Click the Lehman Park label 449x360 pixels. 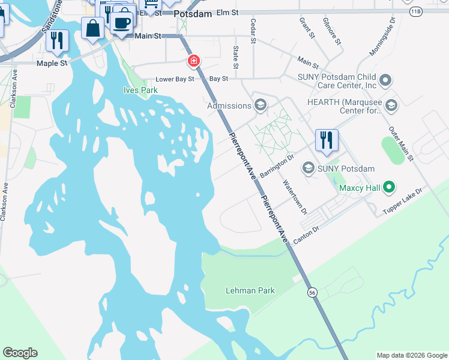coord(250,291)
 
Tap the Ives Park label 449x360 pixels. coord(140,91)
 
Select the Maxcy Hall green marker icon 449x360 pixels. coord(388,188)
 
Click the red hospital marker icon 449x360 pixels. coord(193,61)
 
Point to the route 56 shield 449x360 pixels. coord(312,292)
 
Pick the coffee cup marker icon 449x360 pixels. coord(122,23)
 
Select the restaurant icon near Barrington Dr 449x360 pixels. coord(327,140)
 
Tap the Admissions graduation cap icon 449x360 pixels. coord(260,106)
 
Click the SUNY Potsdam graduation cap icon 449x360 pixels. coord(309,168)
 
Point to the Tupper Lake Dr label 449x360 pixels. coord(403,201)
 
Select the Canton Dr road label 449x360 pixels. coord(306,235)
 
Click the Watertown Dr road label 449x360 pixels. coord(295,198)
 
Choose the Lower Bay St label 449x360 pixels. coord(175,79)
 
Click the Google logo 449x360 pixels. coord(20,353)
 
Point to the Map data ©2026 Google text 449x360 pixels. coord(412,355)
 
